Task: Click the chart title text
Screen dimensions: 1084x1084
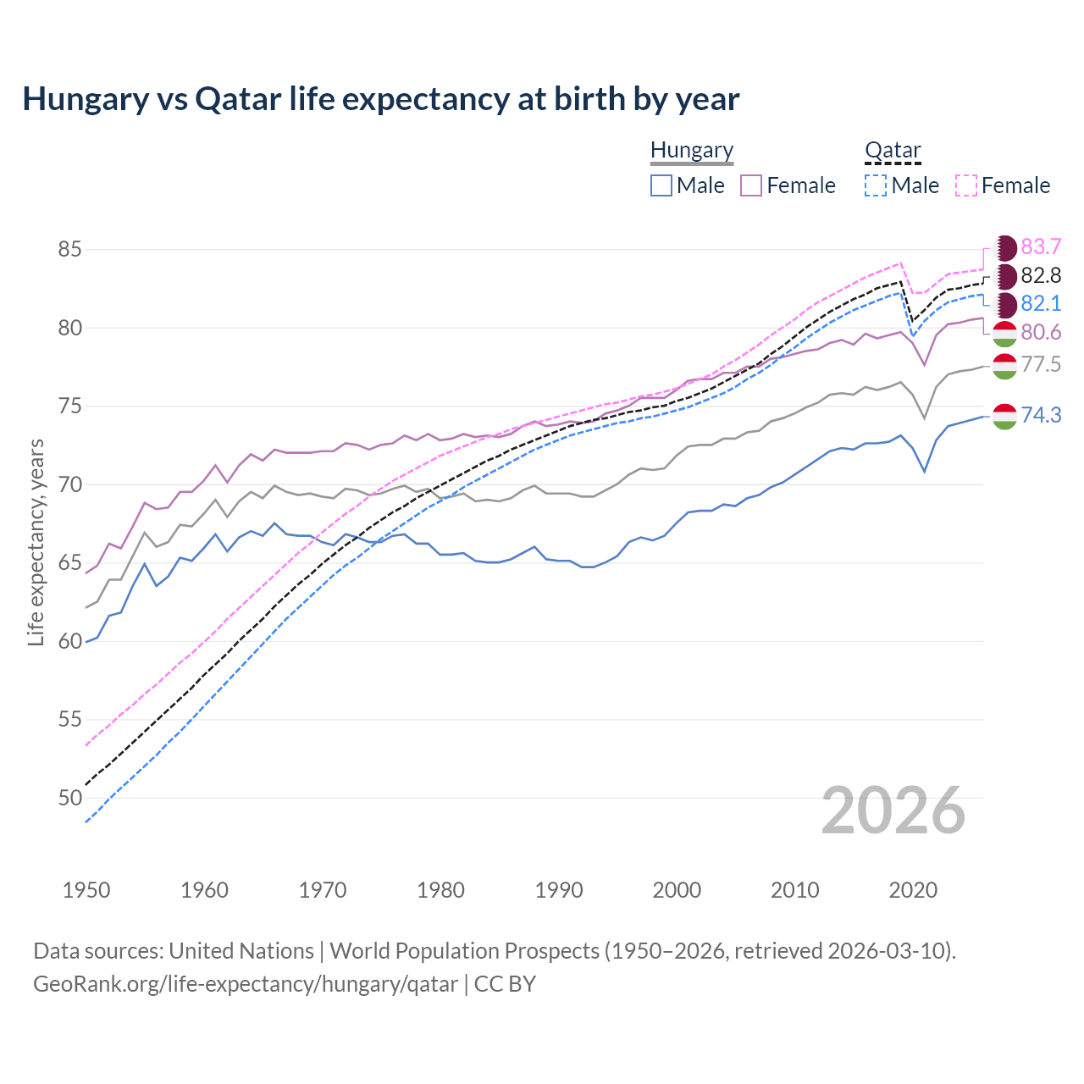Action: (381, 99)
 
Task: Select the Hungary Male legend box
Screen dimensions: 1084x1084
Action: (661, 185)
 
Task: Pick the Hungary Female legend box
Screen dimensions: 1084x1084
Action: (751, 185)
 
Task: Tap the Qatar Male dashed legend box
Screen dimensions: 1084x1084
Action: (876, 185)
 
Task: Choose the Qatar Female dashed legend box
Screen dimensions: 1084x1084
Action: (965, 185)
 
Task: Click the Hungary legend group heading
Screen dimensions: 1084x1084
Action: (692, 150)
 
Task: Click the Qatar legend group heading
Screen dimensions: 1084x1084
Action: (893, 150)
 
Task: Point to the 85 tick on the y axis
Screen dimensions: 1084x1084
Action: (69, 250)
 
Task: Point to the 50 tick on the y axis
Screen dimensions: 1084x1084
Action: (69, 798)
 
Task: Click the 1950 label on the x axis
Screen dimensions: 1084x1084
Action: (86, 890)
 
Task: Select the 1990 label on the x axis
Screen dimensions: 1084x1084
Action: (559, 890)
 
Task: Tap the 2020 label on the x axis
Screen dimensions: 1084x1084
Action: (913, 890)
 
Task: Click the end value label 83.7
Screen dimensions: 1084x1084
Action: (1041, 246)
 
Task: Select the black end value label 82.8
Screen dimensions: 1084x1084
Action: (1041, 275)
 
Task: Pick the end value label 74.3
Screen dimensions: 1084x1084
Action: (1041, 415)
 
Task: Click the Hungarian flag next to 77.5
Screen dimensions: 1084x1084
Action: (1004, 366)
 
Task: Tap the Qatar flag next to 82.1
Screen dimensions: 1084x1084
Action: (1004, 304)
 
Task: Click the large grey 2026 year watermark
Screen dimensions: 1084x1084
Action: (893, 810)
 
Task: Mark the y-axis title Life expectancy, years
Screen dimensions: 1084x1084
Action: (36, 542)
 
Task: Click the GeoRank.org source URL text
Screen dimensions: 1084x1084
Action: (246, 984)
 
